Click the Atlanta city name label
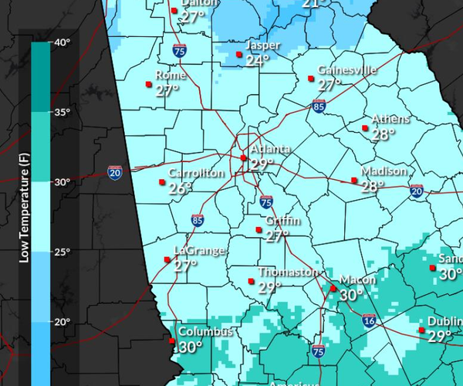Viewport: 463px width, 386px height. (x=270, y=149)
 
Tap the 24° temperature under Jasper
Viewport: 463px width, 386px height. (x=258, y=60)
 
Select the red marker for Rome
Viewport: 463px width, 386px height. (x=148, y=84)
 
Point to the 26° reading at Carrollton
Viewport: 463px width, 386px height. (x=181, y=188)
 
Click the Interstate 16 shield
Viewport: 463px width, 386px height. (x=369, y=320)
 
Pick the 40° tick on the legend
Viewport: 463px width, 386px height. (x=62, y=42)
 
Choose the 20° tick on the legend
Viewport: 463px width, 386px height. (x=62, y=321)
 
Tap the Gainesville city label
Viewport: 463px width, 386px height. (x=346, y=70)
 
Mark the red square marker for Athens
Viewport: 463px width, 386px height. (x=366, y=128)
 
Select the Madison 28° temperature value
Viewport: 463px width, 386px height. (x=373, y=186)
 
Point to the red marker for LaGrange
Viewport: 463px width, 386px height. (x=167, y=259)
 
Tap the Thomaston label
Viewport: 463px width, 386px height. (x=287, y=273)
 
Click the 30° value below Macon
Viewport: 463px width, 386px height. (x=351, y=294)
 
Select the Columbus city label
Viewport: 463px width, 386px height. (x=205, y=332)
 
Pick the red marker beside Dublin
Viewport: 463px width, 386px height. (x=422, y=330)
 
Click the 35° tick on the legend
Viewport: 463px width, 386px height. (x=62, y=112)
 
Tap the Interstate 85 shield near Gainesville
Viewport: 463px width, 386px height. (x=318, y=106)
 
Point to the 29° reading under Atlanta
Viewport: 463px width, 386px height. (x=262, y=164)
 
